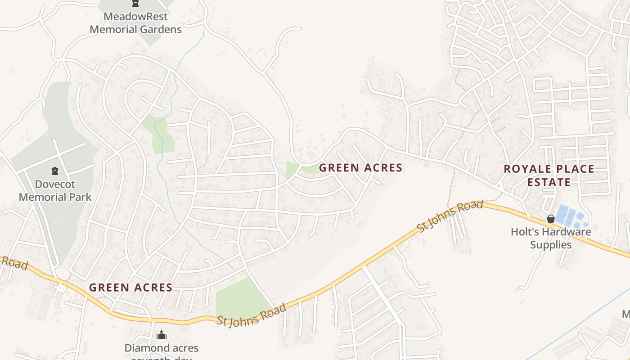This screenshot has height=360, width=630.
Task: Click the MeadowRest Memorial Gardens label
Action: (x=135, y=23)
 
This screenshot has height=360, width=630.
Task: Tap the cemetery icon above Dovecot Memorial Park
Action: (x=55, y=171)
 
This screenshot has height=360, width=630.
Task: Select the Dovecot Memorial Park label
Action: (x=55, y=190)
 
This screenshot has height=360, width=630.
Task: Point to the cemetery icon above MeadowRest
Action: (x=135, y=4)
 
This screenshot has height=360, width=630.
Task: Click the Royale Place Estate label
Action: (x=549, y=175)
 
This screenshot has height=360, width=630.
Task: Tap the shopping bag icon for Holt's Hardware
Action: (x=550, y=219)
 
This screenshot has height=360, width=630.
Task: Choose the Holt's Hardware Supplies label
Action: (x=550, y=238)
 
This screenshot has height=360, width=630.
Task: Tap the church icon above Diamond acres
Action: (x=162, y=335)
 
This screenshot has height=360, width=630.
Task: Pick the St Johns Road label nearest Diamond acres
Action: (x=252, y=315)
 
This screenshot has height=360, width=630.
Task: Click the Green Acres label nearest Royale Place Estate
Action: (x=360, y=168)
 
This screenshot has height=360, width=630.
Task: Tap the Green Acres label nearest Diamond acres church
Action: (x=130, y=288)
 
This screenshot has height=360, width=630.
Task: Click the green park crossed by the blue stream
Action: (x=159, y=135)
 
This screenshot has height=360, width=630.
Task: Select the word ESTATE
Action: (x=549, y=182)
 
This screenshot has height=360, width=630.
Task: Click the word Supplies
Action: (x=550, y=245)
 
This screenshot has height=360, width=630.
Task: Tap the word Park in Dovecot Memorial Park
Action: (x=81, y=197)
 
